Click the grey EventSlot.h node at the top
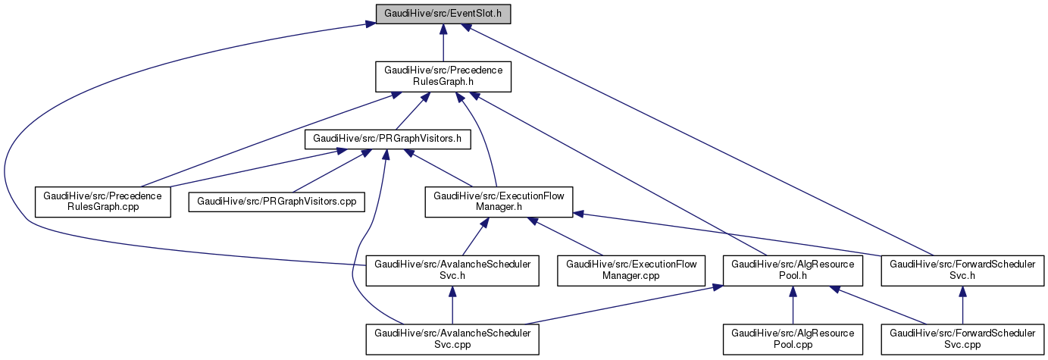pos(443,14)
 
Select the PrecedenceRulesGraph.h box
pos(443,77)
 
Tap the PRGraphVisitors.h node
pos(387,139)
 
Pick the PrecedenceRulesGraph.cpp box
pos(103,202)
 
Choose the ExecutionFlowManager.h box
pos(498,202)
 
